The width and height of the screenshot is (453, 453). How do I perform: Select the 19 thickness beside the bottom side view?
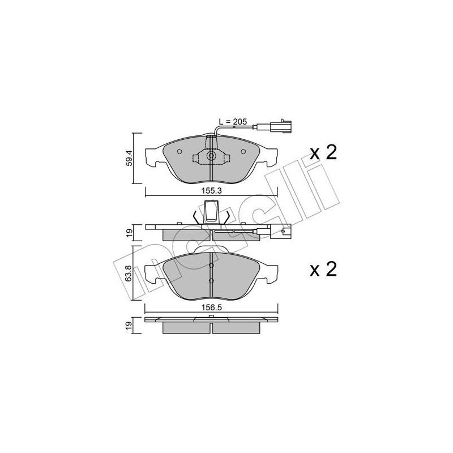pos(130,325)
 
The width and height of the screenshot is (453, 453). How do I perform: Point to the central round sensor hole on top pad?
pos(211,157)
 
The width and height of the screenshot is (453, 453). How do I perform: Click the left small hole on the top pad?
pos(178,151)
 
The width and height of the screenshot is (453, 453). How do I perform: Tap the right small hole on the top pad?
pos(243,151)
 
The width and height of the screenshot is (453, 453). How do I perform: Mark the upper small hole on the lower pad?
pos(211,266)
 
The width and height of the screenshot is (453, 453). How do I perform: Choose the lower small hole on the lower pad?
pos(211,281)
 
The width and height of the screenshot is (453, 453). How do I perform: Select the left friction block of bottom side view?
pos(185,328)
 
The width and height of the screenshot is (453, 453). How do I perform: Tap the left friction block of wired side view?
pos(185,234)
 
